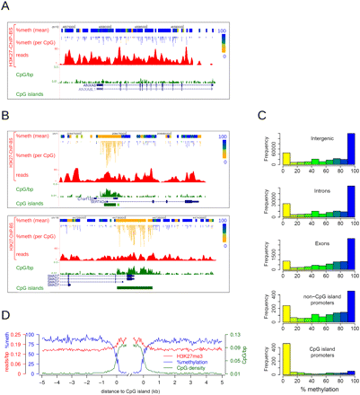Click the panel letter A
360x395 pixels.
point(7,7)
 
